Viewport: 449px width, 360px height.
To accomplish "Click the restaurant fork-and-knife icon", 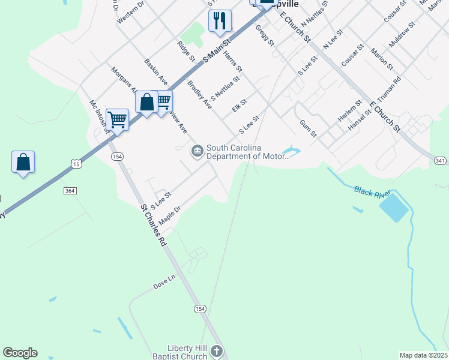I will tap(220, 20).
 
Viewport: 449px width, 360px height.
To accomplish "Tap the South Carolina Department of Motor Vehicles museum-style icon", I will tap(196, 151).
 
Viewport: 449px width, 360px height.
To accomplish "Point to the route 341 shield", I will tap(441, 160).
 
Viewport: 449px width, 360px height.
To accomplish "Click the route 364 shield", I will tap(70, 190).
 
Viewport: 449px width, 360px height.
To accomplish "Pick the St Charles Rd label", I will tap(153, 226).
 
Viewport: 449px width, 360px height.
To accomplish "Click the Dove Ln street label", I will tap(164, 283).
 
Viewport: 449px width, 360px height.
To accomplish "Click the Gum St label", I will tap(308, 127).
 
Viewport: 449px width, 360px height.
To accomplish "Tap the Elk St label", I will tap(239, 106).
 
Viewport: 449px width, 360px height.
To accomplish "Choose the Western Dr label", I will tap(131, 12).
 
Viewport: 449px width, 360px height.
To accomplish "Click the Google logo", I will tap(20, 353).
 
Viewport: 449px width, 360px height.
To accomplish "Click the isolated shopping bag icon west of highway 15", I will tap(23, 162).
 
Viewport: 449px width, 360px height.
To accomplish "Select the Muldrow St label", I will tap(402, 36).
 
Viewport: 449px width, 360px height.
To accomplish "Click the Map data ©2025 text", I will tap(423, 355).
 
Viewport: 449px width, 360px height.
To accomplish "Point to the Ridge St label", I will tap(186, 51).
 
